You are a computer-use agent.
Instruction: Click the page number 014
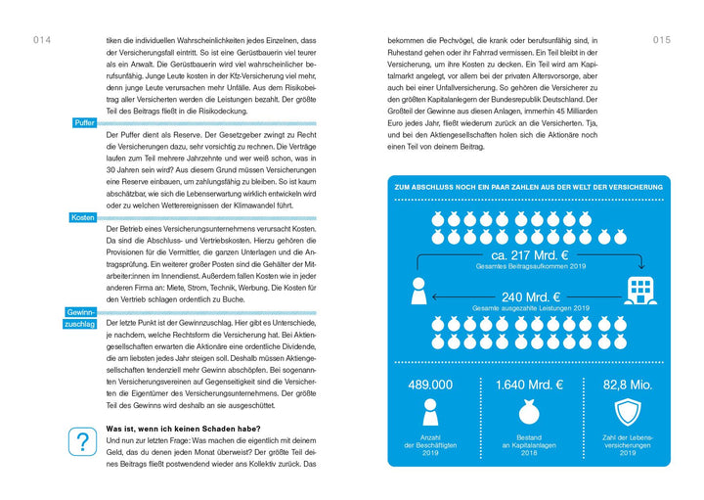[x=41, y=40]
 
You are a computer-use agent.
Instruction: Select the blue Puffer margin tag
[x=84, y=122]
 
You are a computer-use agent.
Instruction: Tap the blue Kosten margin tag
[x=82, y=216]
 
